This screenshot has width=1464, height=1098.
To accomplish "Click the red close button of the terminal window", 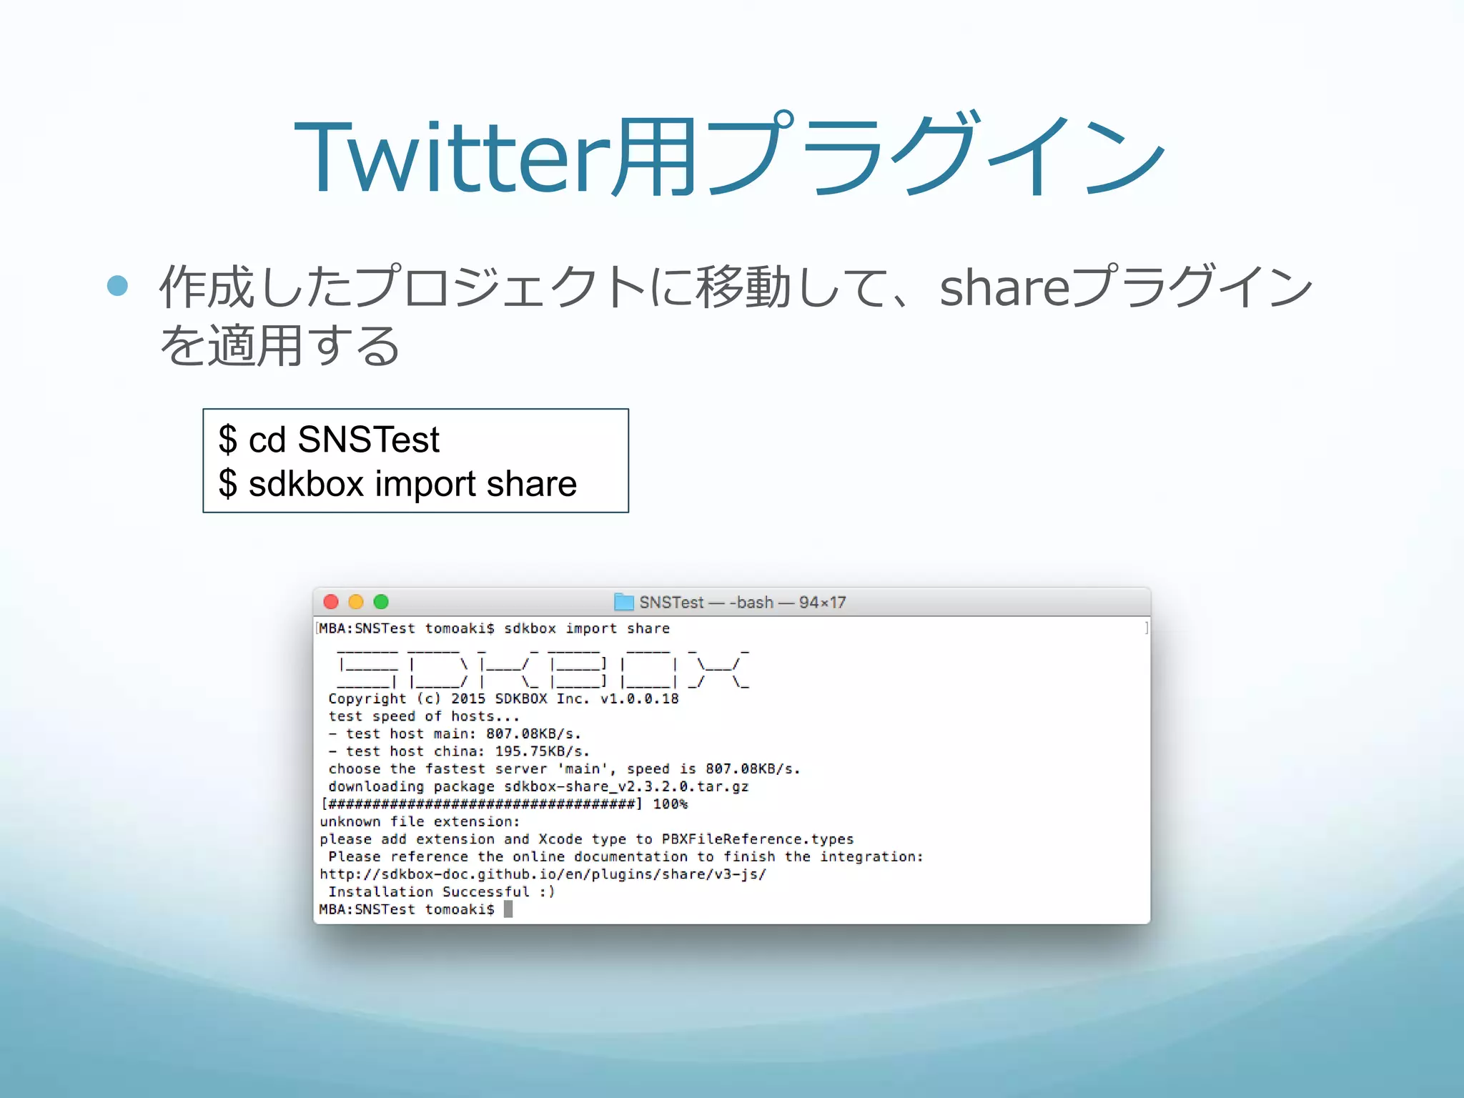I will coord(331,602).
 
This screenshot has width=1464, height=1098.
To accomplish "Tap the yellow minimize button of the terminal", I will coord(356,602).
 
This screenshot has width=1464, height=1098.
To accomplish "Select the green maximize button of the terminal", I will coord(381,602).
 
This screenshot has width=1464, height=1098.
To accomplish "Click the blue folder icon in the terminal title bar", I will coord(624,602).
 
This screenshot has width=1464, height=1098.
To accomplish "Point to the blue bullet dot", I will coord(117,286).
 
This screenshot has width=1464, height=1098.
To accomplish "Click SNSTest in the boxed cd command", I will coord(368,439).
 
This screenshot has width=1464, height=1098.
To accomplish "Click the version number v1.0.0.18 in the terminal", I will coord(639,698).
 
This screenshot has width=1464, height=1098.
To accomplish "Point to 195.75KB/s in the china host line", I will coord(542,751).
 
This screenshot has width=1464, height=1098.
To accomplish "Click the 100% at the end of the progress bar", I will coord(670,804).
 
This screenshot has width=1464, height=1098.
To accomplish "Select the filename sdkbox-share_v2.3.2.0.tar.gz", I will coord(626,786).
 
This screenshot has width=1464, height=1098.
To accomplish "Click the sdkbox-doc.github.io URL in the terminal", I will coord(543,874).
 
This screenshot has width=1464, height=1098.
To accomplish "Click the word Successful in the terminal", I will coord(485,892).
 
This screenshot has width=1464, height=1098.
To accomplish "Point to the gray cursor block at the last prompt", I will coord(508,909).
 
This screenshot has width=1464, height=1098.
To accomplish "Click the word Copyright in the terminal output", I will coord(367,698).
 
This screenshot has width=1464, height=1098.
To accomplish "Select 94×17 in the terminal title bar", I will coord(822,603).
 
